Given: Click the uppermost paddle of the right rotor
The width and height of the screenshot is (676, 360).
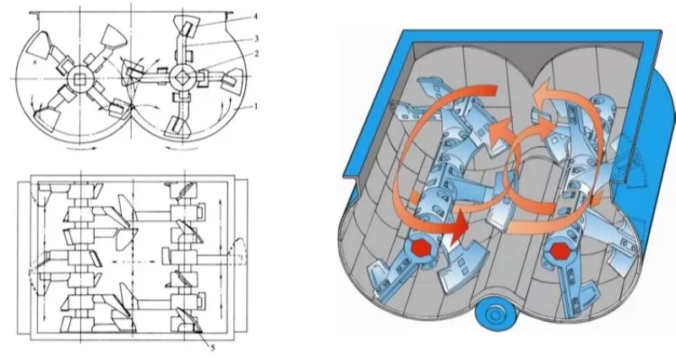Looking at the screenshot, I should click(x=186, y=26).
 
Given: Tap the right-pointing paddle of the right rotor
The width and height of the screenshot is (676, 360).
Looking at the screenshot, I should click(x=230, y=81).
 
